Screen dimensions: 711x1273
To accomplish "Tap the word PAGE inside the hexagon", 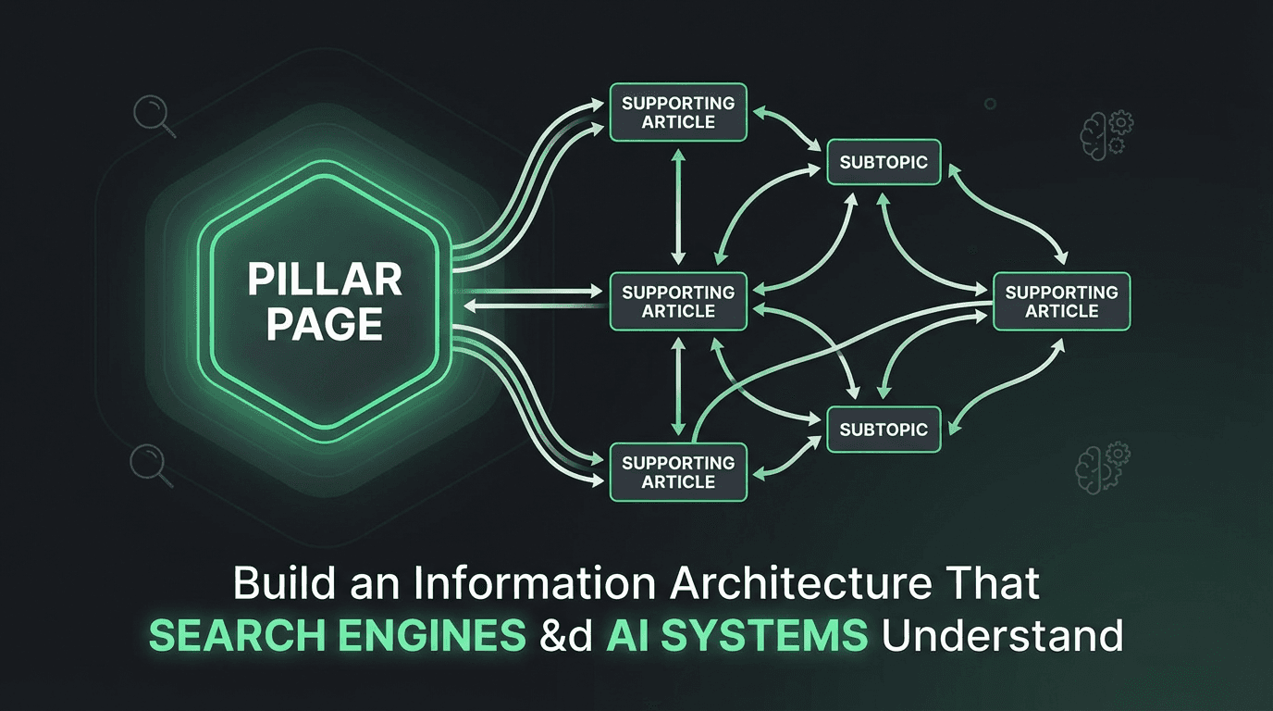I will click(x=315, y=324).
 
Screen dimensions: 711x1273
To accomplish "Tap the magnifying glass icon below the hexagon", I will click(x=152, y=464).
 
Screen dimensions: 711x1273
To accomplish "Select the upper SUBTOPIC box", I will click(x=884, y=163).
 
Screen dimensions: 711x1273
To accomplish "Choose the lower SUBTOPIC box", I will click(x=884, y=430).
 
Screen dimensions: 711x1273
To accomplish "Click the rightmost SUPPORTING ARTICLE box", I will click(x=1061, y=302).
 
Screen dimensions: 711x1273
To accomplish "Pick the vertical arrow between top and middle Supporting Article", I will click(x=680, y=207).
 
